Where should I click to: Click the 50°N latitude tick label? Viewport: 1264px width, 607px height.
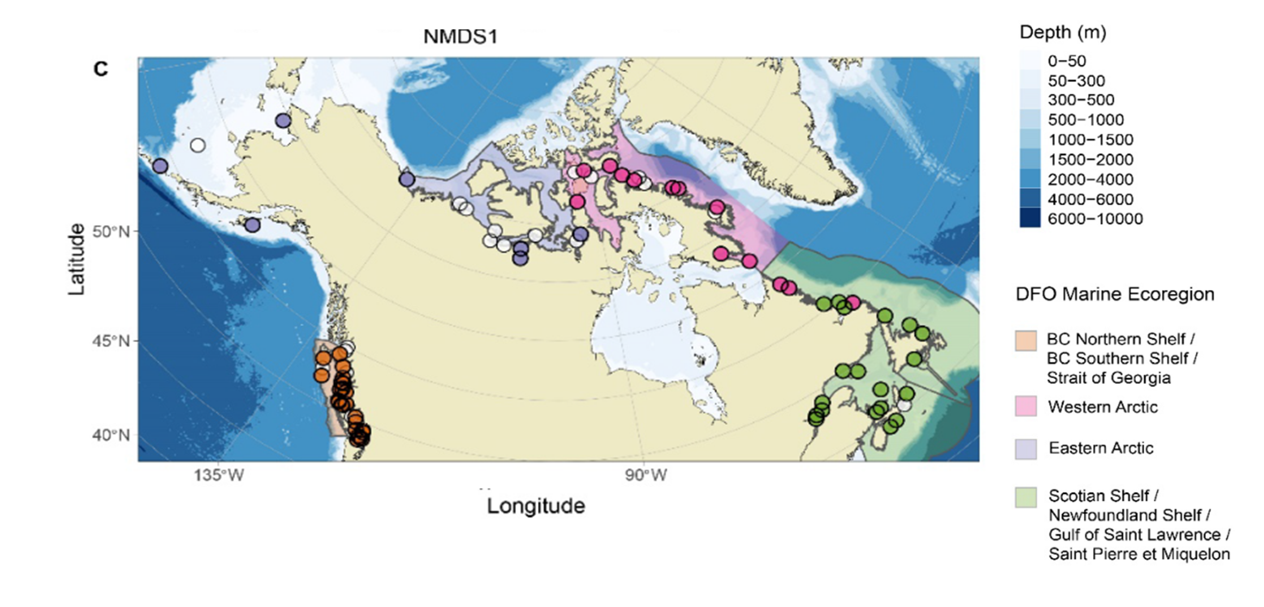[111, 232]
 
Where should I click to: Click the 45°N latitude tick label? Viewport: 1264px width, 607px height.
[111, 341]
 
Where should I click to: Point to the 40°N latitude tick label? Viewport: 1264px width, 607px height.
[111, 435]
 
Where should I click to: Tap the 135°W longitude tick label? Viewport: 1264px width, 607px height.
[219, 475]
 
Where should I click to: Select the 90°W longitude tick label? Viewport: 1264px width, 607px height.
[646, 475]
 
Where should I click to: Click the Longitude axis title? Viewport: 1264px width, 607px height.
[536, 506]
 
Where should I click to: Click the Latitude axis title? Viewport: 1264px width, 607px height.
[77, 259]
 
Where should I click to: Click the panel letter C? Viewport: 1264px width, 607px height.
[101, 69]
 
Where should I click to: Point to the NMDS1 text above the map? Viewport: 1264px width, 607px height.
[460, 37]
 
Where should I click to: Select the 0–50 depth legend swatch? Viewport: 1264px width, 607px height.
[1030, 61]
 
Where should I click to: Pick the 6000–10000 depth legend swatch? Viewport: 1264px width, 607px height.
[1030, 219]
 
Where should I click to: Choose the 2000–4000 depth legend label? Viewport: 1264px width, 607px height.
[1090, 179]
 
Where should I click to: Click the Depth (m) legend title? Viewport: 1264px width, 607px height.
[1063, 33]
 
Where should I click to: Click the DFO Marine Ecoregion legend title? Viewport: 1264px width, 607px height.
[1114, 294]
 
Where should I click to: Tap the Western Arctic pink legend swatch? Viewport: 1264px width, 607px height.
[1025, 406]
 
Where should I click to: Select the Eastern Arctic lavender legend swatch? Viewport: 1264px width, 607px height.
[1025, 449]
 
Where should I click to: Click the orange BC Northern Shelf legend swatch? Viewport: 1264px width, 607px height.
[1025, 340]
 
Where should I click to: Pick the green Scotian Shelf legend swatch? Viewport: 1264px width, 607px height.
[1025, 497]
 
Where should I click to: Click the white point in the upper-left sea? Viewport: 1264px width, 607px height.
[198, 145]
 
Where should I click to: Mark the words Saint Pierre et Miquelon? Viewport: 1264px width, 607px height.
[1139, 554]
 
